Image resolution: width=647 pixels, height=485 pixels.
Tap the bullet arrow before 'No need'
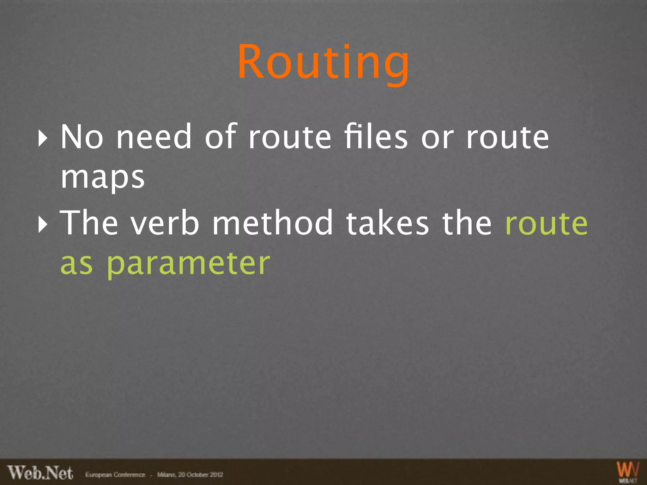click(x=43, y=138)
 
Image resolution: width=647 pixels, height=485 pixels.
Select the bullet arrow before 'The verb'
click(x=43, y=225)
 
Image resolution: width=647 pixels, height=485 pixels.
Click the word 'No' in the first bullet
click(x=82, y=137)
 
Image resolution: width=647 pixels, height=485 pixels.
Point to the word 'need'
click(x=154, y=137)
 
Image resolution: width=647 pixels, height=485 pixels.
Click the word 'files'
click(x=376, y=137)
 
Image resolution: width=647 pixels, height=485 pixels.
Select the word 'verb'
click(x=165, y=223)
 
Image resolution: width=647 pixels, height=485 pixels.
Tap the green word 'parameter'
click(x=188, y=265)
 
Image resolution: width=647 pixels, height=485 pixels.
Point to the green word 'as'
click(x=76, y=265)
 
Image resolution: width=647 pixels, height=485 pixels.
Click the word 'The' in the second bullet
click(x=89, y=223)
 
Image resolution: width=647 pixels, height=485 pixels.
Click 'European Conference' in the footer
click(x=115, y=475)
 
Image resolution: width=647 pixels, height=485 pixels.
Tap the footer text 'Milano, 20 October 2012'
click(x=190, y=475)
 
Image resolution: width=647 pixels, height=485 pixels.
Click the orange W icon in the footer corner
click(x=628, y=470)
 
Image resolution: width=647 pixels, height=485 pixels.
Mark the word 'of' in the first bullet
click(x=221, y=137)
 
